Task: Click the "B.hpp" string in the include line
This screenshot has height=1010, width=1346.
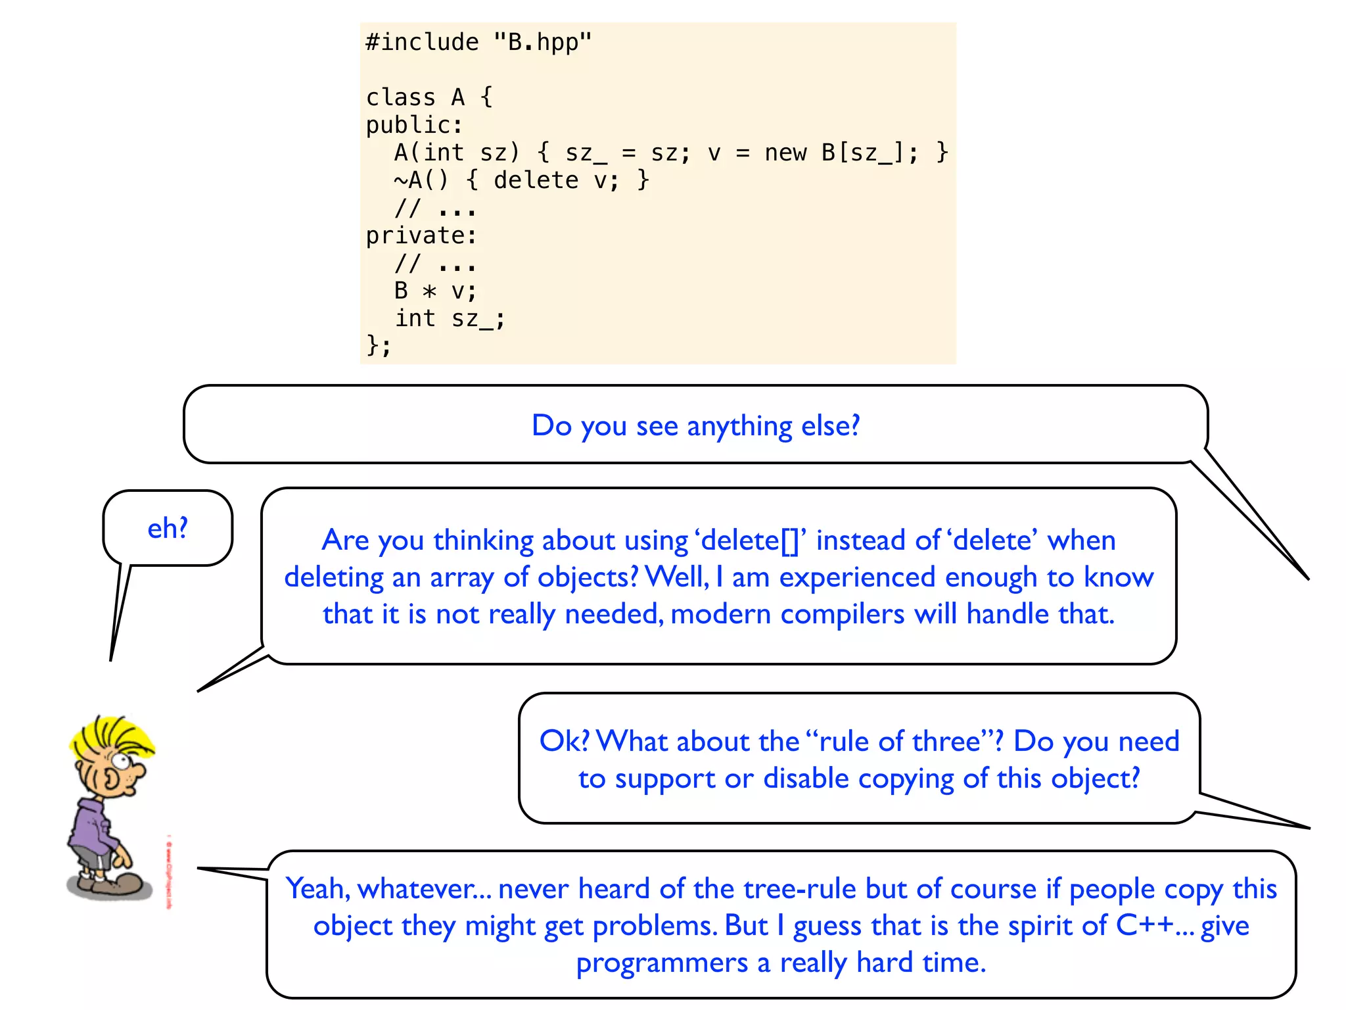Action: [542, 43]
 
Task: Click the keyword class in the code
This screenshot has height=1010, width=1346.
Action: [400, 98]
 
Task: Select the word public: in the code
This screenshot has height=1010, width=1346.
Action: [414, 125]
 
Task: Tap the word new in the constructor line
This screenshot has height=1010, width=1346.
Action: [785, 153]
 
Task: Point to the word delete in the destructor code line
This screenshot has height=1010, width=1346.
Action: [536, 180]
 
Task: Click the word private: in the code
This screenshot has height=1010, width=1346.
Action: [421, 235]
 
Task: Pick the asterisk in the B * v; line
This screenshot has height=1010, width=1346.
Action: [429, 291]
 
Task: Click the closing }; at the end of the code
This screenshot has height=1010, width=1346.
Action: [379, 345]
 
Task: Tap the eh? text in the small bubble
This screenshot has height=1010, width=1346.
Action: [168, 528]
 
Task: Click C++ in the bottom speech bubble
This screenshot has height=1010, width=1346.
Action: [1145, 926]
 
